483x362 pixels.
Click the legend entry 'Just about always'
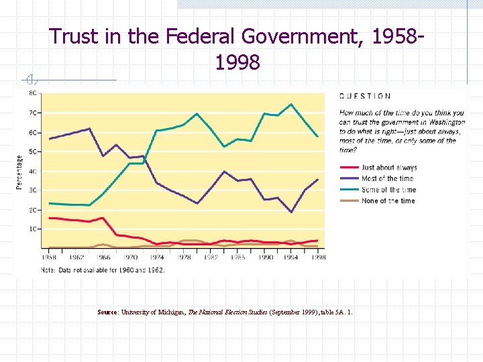389,168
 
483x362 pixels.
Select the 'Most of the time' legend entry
388,178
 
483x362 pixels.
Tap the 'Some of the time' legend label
388,190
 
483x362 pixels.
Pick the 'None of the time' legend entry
388,200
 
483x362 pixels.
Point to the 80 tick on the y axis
32,93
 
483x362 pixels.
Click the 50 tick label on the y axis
32,152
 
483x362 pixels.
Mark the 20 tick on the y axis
32,210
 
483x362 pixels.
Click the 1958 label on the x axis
49,257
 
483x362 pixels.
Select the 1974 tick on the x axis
157,257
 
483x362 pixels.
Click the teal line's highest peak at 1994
291,104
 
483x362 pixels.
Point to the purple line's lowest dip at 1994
291,212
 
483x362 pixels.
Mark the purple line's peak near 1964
89,128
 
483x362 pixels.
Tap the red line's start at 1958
49,218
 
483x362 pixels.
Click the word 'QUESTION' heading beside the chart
366,96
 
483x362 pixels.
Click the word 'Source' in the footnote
107,312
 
